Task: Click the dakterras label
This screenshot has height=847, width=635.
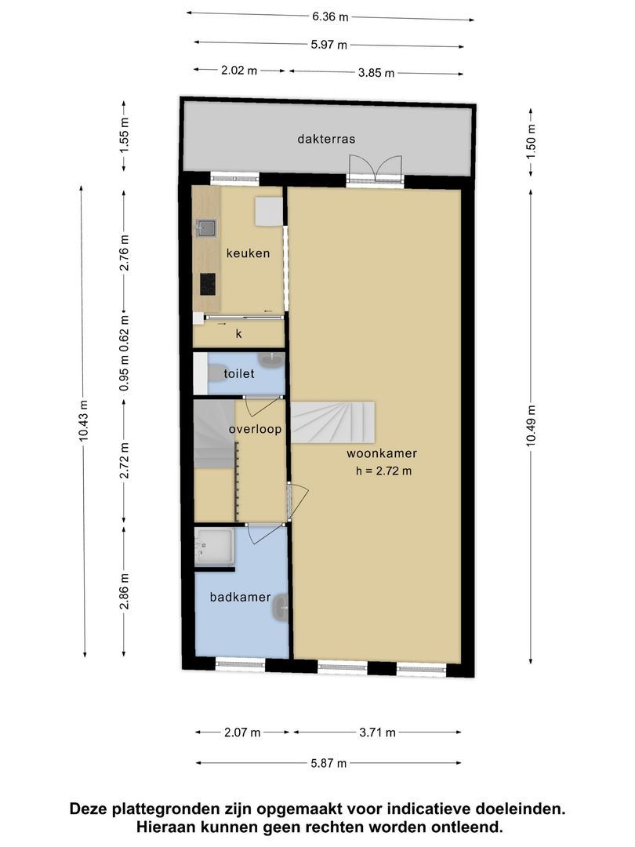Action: coord(326,139)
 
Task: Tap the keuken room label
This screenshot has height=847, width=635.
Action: coord(248,253)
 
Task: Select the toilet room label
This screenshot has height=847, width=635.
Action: coord(238,373)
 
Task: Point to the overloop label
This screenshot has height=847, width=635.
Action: coord(255,430)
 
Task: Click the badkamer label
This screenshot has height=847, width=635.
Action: coord(241,597)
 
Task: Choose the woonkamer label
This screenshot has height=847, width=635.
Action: coord(382,453)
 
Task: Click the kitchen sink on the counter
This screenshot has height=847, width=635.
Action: coord(206,228)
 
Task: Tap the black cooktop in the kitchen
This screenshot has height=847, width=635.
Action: coord(208,284)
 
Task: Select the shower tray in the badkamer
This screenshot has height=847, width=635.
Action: coord(214,547)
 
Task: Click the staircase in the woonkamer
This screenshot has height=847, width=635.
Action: coord(333,422)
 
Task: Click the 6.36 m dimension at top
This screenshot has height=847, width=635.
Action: coord(330,16)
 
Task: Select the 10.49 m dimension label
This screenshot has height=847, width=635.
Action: coord(532,425)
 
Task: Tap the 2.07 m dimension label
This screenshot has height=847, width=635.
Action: coord(242,732)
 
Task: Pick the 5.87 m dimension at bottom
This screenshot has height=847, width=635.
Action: coord(328,763)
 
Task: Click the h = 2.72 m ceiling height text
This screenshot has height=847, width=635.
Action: coord(383,471)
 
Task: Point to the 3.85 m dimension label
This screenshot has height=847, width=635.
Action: coord(376,72)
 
